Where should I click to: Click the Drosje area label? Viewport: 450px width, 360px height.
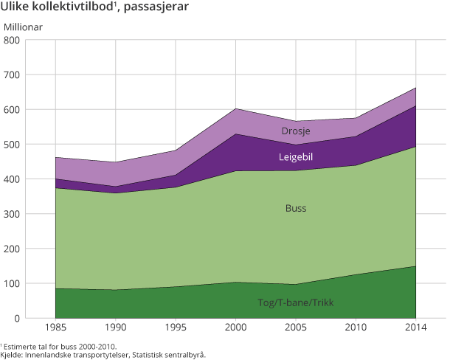click(296, 131)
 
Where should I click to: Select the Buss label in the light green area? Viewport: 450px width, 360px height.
click(295, 209)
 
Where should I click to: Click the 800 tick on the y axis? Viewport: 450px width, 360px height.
click(13, 40)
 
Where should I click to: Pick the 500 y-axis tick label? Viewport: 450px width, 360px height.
click(13, 144)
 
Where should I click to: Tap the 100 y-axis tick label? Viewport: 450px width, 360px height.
click(13, 283)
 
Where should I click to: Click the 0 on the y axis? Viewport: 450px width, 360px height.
click(18, 318)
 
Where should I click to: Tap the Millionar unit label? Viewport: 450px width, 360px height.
click(24, 27)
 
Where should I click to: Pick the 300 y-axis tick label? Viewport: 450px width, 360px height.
click(13, 214)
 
